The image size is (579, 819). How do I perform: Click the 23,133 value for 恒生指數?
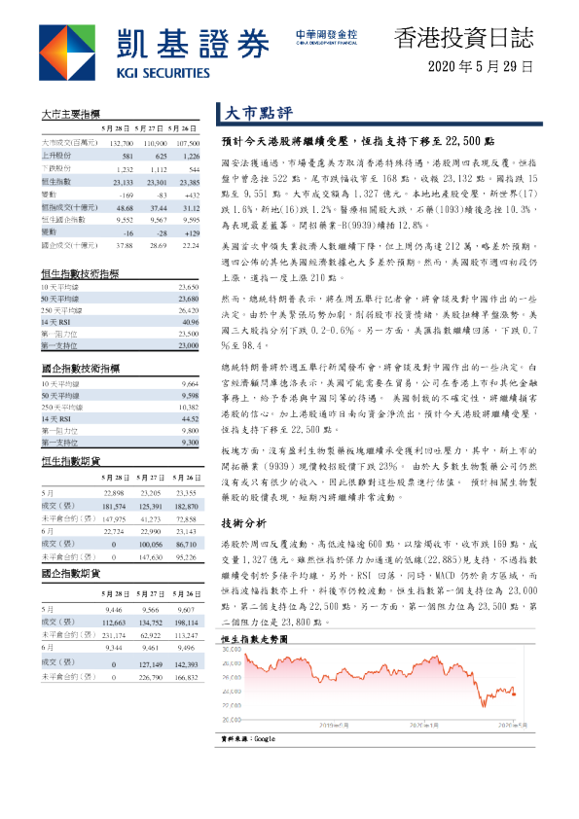(x=123, y=181)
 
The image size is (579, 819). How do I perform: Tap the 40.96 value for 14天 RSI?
(x=189, y=322)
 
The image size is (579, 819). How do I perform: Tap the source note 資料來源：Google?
(x=249, y=740)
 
